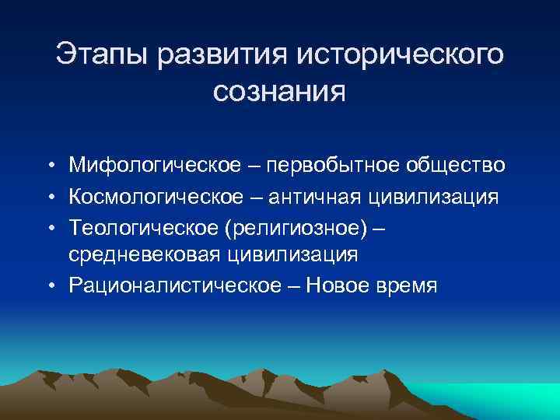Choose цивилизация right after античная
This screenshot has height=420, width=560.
coord(440,197)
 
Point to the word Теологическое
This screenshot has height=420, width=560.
coord(140,228)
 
